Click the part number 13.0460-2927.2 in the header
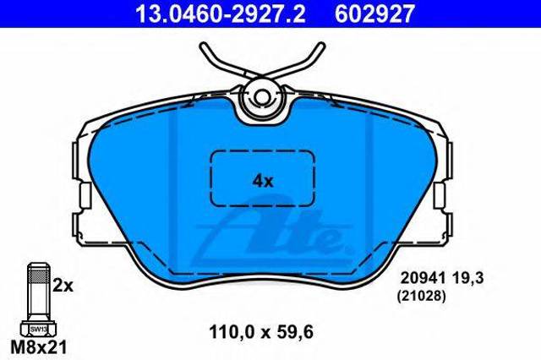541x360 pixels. click(220, 14)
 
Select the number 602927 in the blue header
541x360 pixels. click(374, 14)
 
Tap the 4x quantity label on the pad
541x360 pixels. click(263, 181)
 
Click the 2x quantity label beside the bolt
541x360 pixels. click(63, 286)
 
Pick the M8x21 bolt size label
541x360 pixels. click(38, 347)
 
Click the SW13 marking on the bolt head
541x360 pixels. click(37, 329)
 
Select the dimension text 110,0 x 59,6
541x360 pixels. click(261, 333)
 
